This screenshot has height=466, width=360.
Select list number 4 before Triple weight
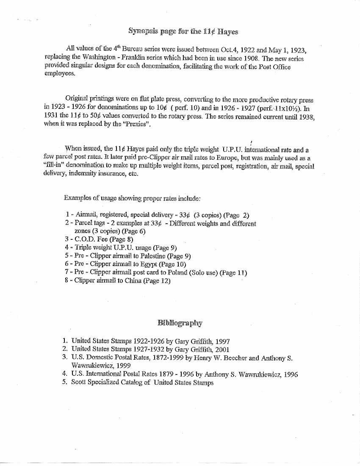point(67,248)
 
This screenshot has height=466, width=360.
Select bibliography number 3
point(65,358)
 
